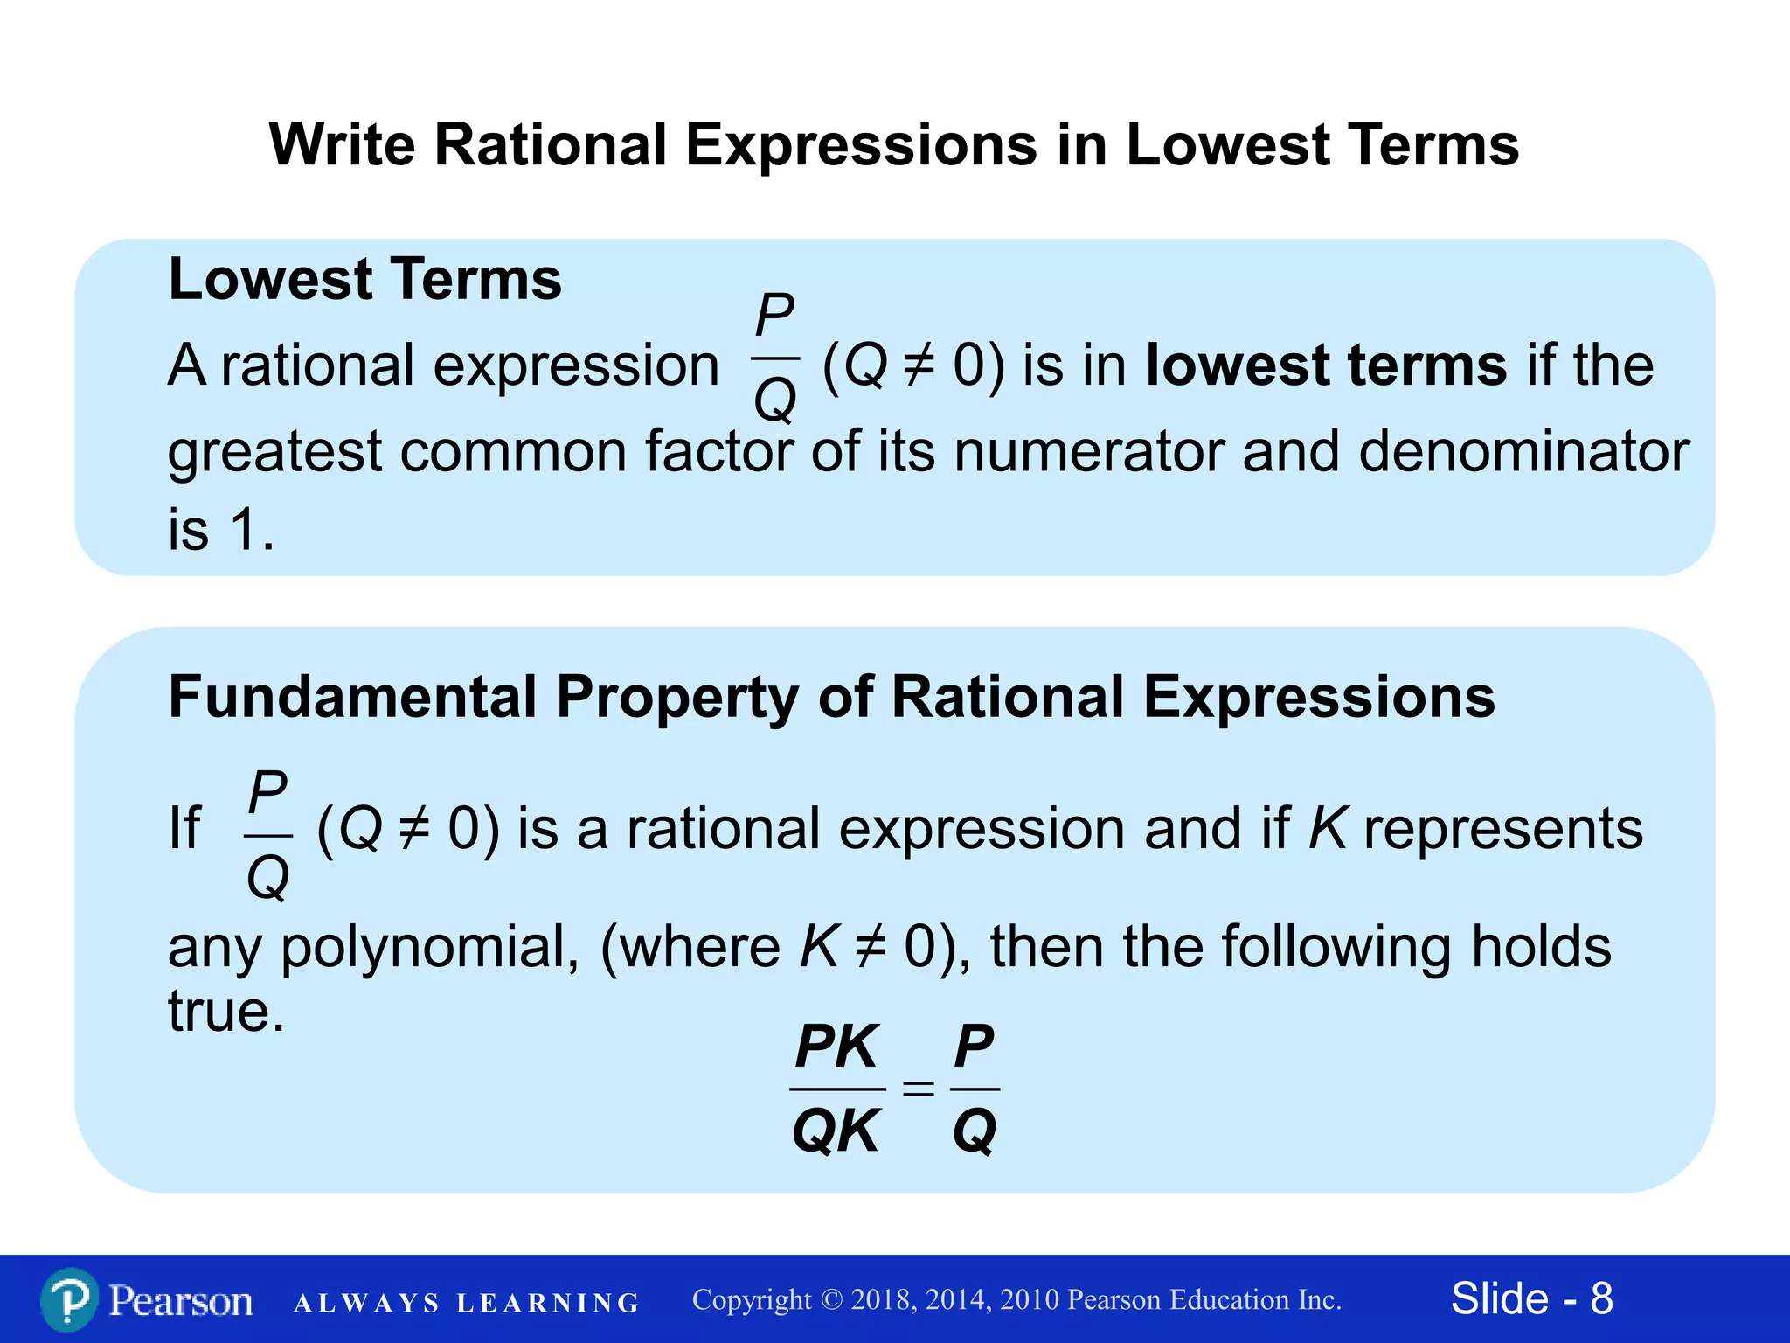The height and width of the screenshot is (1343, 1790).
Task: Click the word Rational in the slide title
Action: click(x=551, y=144)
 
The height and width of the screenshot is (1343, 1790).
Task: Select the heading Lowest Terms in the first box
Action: click(x=364, y=280)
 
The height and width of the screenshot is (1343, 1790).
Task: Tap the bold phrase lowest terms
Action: click(x=1326, y=365)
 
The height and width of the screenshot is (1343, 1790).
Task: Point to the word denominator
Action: click(x=1524, y=452)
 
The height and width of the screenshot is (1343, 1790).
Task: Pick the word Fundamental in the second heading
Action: click(x=352, y=698)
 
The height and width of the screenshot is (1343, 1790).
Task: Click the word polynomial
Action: click(x=429, y=947)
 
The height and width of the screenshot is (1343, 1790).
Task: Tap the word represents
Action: click(x=1502, y=828)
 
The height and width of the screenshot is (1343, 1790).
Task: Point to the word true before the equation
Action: click(x=225, y=1012)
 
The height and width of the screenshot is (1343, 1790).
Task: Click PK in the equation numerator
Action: click(x=836, y=1047)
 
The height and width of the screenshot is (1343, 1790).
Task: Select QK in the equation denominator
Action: click(x=836, y=1131)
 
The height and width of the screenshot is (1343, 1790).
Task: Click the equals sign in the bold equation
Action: click(x=918, y=1089)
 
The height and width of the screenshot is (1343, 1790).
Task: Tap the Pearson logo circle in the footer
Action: click(x=69, y=1300)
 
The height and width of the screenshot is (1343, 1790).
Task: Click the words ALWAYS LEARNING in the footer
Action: click(x=467, y=1303)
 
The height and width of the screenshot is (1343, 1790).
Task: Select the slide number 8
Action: click(x=1601, y=1298)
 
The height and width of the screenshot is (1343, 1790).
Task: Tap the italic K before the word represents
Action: click(x=1328, y=828)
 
